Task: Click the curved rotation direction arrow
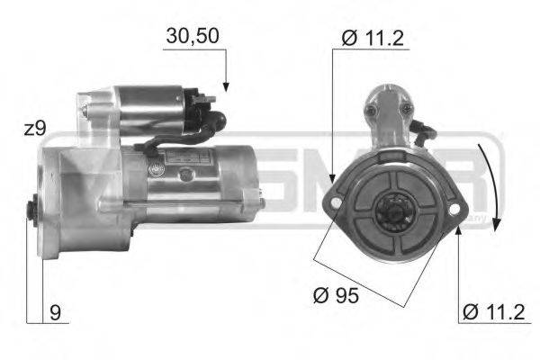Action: tap(491, 180)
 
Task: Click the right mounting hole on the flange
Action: tap(454, 209)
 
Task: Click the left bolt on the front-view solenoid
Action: tap(369, 111)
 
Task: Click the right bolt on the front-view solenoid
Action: tap(407, 109)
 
